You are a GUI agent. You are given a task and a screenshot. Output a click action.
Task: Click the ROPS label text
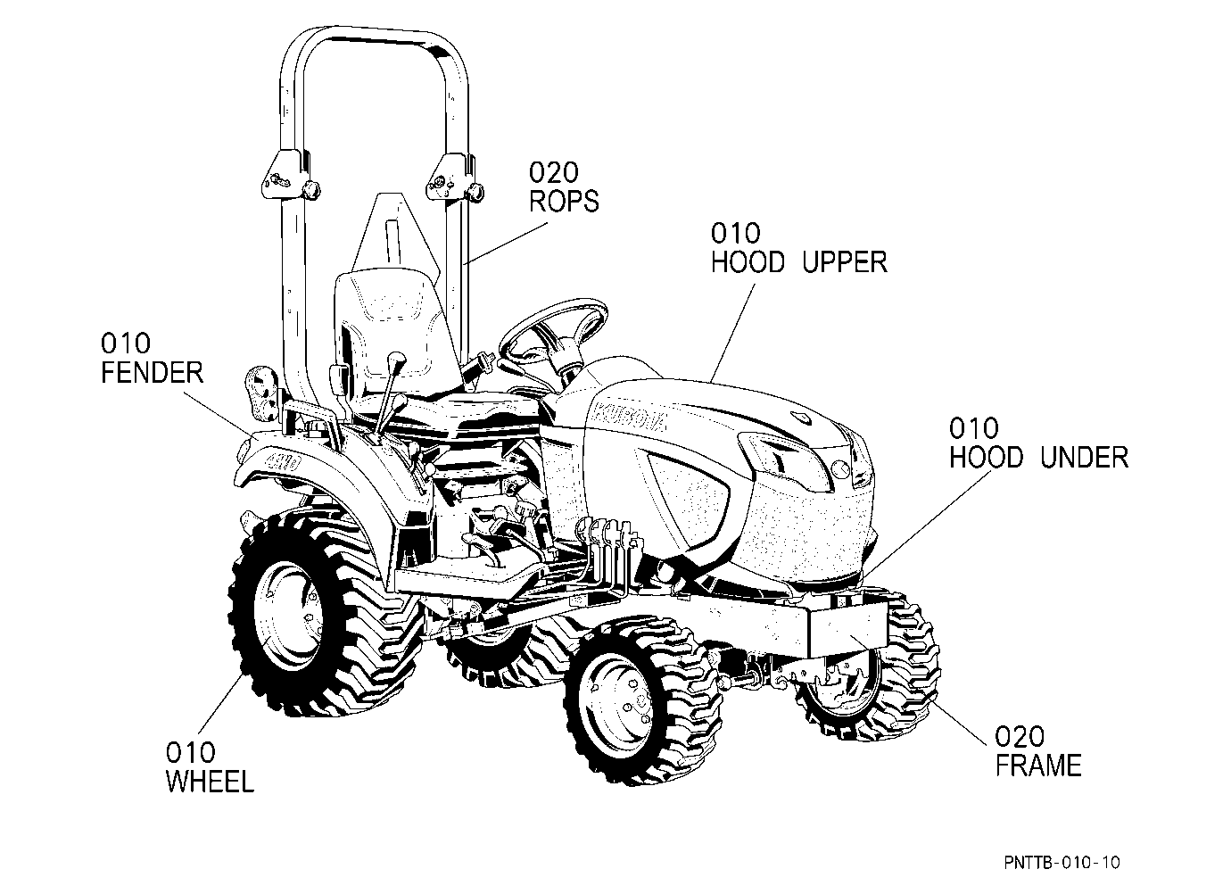[x=563, y=202]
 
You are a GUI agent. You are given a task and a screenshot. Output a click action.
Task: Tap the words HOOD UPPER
[x=799, y=262]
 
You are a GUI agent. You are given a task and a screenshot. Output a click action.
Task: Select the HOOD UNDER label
[x=1038, y=458]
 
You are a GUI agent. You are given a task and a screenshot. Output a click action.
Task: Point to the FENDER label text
[x=153, y=373]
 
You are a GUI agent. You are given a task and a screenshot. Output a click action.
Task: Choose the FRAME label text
[x=1038, y=766]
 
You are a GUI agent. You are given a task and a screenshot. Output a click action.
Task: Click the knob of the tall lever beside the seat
[x=396, y=361]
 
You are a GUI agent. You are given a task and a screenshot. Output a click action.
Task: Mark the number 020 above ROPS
[x=554, y=172]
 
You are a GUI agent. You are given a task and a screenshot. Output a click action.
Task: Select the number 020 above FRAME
[x=1020, y=736]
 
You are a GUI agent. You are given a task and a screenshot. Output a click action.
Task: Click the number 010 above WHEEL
[x=191, y=752]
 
